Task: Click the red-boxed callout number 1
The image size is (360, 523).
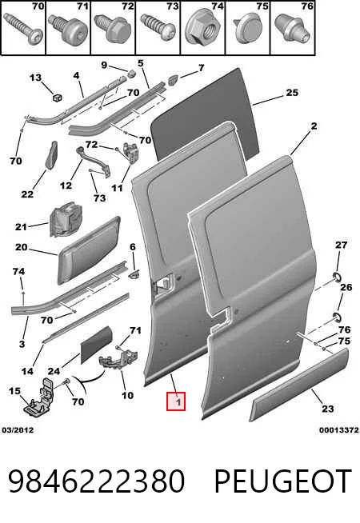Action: (176, 401)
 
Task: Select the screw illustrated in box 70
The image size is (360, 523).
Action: (24, 29)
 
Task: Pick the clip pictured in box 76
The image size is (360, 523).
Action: (292, 28)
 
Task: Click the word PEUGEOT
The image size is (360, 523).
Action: (282, 481)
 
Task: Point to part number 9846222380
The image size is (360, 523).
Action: (96, 481)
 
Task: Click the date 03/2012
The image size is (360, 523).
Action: (18, 430)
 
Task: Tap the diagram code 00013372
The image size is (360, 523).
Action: (338, 430)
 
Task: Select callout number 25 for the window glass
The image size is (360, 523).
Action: (292, 93)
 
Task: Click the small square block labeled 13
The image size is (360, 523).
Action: (58, 98)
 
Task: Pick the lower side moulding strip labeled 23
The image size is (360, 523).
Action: (300, 385)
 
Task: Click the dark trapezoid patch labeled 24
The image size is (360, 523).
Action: (97, 344)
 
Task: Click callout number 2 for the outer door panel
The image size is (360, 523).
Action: (314, 126)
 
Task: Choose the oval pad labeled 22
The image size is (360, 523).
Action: (51, 155)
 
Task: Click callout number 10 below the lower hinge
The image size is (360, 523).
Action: (127, 396)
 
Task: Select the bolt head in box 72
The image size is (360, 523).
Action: (113, 28)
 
